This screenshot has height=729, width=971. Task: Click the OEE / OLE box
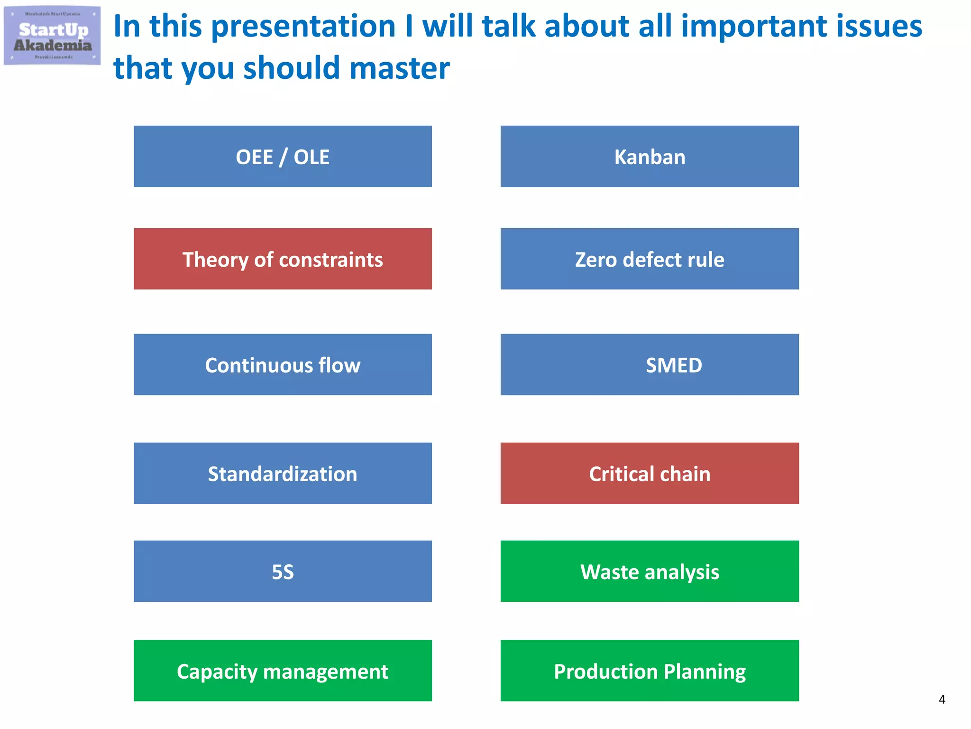coord(283,156)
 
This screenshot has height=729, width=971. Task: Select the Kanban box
coord(650,156)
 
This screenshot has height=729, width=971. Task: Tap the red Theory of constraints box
coord(283,259)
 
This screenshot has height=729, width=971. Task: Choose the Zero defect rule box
coord(650,259)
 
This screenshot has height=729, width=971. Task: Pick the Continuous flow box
coord(283,364)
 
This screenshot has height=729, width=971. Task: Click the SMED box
coord(650,364)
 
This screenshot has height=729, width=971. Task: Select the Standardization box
coord(283,473)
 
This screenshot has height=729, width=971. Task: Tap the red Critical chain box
coord(650,473)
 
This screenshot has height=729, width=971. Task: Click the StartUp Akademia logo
coord(52,36)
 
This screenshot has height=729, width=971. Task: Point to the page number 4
coord(942,700)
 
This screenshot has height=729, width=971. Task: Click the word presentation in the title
coord(303,27)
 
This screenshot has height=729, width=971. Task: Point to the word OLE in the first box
coord(311,157)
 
